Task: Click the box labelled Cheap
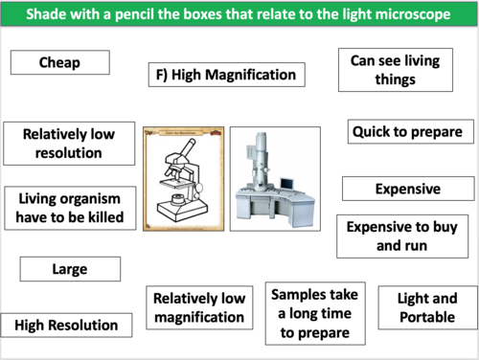[x=59, y=62]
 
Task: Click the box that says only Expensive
[x=406, y=189]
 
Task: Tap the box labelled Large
[x=70, y=269]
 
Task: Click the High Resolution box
[x=66, y=325]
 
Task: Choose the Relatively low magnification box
[x=198, y=307]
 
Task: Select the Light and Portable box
[x=425, y=307]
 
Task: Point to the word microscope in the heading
[x=402, y=15]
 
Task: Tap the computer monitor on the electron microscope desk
[x=287, y=181]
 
